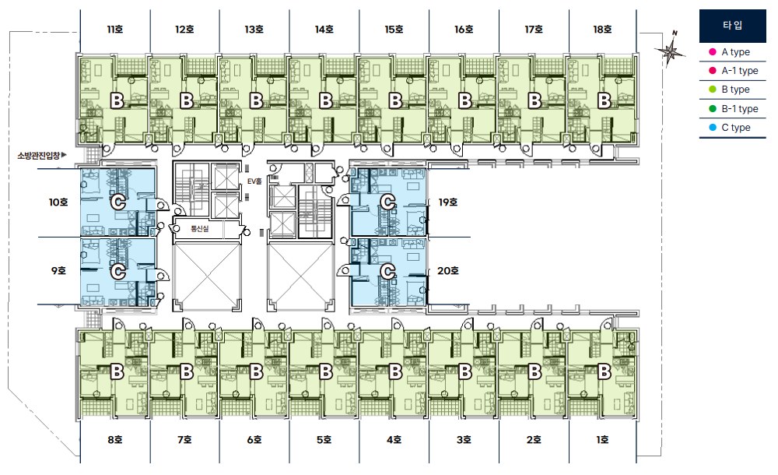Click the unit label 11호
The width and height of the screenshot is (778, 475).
point(114,30)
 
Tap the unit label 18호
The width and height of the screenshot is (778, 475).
point(602,30)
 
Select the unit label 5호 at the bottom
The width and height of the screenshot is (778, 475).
point(324,440)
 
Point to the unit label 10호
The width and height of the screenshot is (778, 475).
point(58,202)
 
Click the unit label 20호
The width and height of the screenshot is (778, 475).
point(448,271)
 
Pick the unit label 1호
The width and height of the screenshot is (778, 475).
point(602,440)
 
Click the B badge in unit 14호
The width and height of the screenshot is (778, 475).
point(325,101)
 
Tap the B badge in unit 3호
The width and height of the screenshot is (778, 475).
point(465,371)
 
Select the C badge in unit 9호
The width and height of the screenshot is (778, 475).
point(118,272)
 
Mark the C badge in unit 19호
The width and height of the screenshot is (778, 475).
point(388,202)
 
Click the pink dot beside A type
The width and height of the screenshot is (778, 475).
point(713,51)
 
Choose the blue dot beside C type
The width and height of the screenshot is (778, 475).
point(713,128)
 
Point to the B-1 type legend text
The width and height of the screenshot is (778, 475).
point(740,109)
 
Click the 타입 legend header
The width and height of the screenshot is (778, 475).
point(733,26)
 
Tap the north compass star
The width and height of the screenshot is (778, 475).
point(671,50)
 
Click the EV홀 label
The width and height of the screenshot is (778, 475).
point(254,182)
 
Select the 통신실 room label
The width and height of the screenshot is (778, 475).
point(199,229)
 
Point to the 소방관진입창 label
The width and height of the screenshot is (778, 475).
point(39,156)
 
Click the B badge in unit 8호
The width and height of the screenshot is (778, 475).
point(117,371)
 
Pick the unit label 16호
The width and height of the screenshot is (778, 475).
point(464,30)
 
